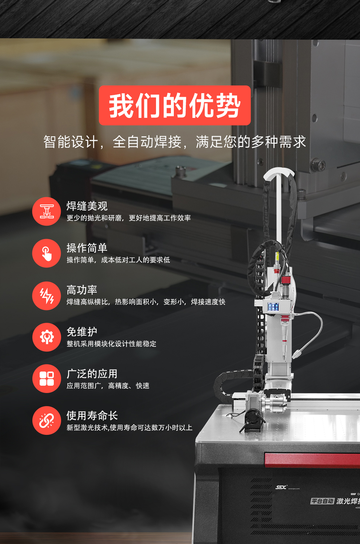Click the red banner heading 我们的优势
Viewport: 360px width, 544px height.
175,106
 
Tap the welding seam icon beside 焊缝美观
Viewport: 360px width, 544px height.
47,211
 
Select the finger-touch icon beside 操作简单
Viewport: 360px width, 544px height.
47,253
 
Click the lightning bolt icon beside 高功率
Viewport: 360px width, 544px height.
47,295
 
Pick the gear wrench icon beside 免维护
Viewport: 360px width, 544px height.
47,337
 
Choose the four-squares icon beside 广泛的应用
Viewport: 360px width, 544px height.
47,378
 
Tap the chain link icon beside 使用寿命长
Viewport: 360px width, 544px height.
47,421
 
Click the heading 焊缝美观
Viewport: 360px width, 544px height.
87,206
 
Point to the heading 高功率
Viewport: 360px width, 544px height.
82,290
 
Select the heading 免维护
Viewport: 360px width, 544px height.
82,332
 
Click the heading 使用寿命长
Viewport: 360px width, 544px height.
92,416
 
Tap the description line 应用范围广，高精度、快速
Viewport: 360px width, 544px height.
108,386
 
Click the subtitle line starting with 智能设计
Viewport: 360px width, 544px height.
175,142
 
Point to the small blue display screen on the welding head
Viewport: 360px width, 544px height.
273,307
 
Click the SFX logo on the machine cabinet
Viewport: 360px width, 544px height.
281,487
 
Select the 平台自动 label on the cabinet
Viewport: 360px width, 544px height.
322,501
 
